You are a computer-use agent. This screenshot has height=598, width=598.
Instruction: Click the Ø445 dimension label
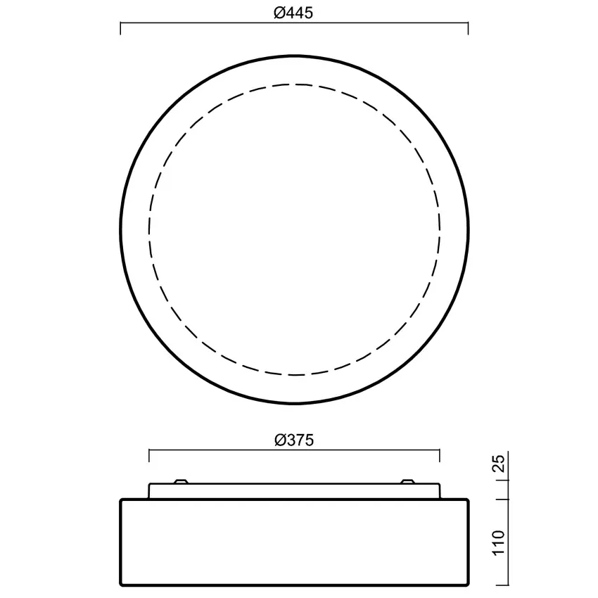point(294,12)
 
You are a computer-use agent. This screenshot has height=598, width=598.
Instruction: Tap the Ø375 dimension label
point(294,440)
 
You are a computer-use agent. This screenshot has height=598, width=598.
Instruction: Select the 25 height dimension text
point(499,465)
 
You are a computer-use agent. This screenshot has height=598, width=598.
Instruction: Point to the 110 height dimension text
point(499,543)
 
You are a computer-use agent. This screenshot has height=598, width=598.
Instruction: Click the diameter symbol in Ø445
point(279,12)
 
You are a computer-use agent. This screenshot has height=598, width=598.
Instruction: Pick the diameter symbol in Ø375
point(279,440)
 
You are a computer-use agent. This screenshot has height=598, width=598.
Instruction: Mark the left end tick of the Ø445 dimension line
point(121,28)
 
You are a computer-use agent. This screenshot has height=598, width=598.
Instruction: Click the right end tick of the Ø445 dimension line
point(468,28)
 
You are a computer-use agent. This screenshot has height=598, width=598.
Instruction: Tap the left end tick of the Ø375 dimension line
point(149,456)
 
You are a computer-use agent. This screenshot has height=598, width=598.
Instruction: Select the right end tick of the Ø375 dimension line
point(440,456)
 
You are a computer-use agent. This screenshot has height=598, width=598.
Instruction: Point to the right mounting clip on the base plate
point(407,481)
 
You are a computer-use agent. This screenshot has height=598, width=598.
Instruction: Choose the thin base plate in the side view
point(294,491)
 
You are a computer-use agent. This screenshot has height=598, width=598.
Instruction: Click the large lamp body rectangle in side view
point(294,542)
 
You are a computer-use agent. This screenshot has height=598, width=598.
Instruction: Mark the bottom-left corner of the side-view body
point(122,584)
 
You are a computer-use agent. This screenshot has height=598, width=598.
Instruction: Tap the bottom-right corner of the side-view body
point(467,584)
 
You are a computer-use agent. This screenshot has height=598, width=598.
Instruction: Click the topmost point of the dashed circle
point(295,84)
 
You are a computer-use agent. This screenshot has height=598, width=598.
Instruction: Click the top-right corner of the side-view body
point(467,500)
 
